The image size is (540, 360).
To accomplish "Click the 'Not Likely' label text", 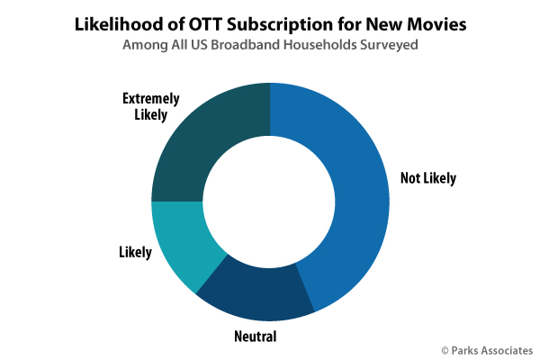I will coord(428,178).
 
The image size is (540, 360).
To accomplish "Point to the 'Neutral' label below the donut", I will coord(256,337).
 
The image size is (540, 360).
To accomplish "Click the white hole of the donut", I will coord(270,202).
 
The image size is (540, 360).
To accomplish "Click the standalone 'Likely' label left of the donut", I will coord(135,251).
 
